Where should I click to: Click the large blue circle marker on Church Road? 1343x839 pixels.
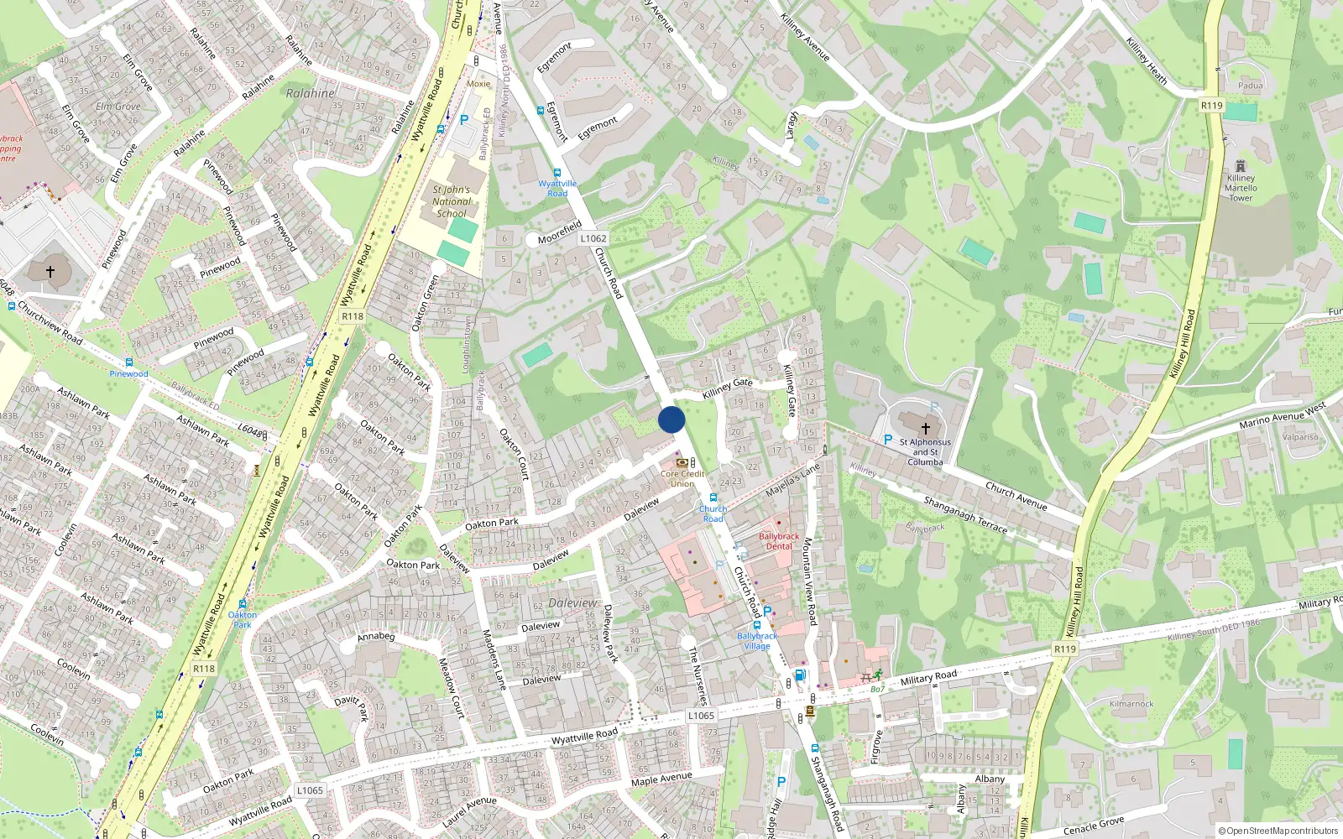coord(671,419)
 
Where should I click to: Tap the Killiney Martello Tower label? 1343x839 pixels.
coord(1241,188)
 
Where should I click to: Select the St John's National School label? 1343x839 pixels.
coord(452,201)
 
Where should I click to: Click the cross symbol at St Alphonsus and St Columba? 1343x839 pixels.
coord(926,428)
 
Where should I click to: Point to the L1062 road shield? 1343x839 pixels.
coord(593,238)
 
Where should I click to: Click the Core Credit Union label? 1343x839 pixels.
coord(682,478)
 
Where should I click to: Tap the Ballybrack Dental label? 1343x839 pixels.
coord(779,541)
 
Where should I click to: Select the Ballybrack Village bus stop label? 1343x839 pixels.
coord(757,641)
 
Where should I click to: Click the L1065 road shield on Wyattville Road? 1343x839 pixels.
coord(701,716)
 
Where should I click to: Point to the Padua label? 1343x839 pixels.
coord(1250,86)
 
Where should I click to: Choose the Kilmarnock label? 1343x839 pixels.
coord(1131,704)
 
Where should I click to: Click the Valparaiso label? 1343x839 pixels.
coord(1300,437)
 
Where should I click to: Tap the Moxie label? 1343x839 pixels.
coord(478,84)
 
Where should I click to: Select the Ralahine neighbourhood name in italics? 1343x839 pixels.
coord(311,93)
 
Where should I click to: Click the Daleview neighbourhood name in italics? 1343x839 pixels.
coord(573,603)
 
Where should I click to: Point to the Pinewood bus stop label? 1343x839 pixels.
coord(128,374)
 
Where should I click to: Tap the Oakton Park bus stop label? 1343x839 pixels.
coord(243,620)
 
